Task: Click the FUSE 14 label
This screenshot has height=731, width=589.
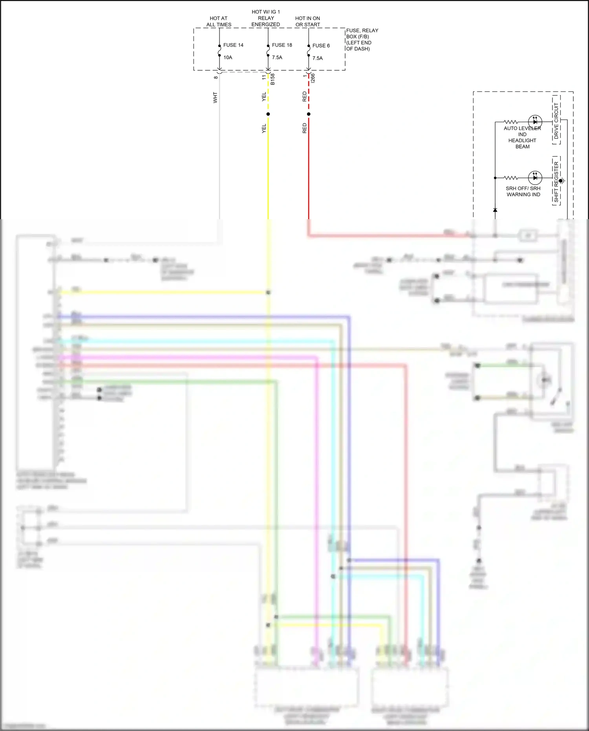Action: pyautogui.click(x=233, y=45)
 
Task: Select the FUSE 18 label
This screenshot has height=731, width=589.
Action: pyautogui.click(x=282, y=45)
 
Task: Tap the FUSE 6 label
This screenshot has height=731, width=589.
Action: pyautogui.click(x=321, y=46)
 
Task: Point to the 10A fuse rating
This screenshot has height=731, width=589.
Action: pyautogui.click(x=228, y=57)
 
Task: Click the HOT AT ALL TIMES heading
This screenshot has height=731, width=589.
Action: pyautogui.click(x=219, y=21)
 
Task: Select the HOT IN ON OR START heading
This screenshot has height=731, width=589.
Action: pyautogui.click(x=307, y=21)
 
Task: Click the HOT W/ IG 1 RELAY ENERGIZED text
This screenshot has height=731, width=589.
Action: pyautogui.click(x=266, y=18)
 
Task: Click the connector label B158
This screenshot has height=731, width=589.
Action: pyautogui.click(x=273, y=79)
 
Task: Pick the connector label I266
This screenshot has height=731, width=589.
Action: pyautogui.click(x=313, y=78)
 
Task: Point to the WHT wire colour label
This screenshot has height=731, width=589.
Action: pyautogui.click(x=215, y=97)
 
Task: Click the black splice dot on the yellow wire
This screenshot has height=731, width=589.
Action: pyautogui.click(x=268, y=114)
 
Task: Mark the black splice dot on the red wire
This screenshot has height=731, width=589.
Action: pyautogui.click(x=309, y=114)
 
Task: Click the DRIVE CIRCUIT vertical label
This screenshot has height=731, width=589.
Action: pyautogui.click(x=556, y=121)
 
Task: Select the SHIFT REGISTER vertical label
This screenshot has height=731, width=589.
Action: pyautogui.click(x=556, y=181)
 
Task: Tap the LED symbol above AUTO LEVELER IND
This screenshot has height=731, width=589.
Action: pyautogui.click(x=535, y=122)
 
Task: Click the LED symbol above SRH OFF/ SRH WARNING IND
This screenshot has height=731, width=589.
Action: pyautogui.click(x=535, y=178)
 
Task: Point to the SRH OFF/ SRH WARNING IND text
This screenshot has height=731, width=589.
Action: pyautogui.click(x=523, y=191)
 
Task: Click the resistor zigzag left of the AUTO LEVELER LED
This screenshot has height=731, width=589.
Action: pyautogui.click(x=511, y=122)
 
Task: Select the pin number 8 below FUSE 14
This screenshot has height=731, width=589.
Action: pyautogui.click(x=216, y=77)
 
